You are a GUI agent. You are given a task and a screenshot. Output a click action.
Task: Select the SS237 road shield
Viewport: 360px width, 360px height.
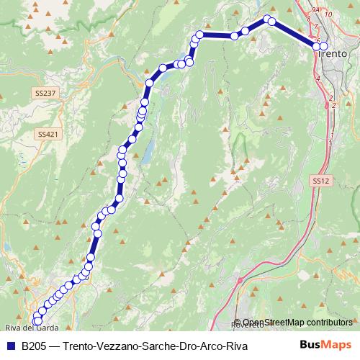tap(45, 94)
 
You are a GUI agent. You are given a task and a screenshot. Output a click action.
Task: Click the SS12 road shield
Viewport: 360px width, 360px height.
tap(321, 181)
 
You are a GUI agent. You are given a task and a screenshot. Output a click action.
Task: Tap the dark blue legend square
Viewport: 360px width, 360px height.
tap(10, 346)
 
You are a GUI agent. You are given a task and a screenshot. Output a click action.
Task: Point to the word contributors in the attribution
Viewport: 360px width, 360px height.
tap(330, 323)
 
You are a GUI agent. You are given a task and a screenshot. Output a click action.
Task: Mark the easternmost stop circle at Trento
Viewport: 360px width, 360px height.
tap(324, 47)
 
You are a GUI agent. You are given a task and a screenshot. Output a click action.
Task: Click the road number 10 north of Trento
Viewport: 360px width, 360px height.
tap(328, 14)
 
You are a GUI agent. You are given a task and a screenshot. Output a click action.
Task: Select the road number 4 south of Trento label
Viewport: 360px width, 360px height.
tap(318, 76)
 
